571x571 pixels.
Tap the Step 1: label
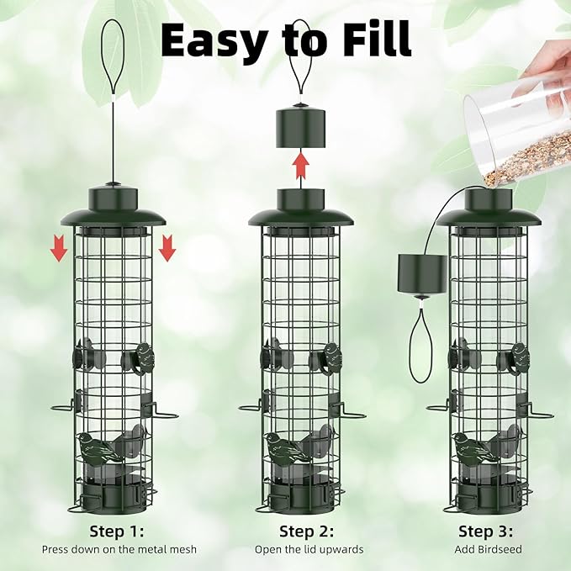click(x=117, y=531)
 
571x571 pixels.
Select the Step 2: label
click(x=306, y=531)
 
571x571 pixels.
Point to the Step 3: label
click(x=486, y=531)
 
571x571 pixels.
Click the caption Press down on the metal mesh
click(x=119, y=549)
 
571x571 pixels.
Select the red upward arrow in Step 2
click(x=300, y=167)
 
